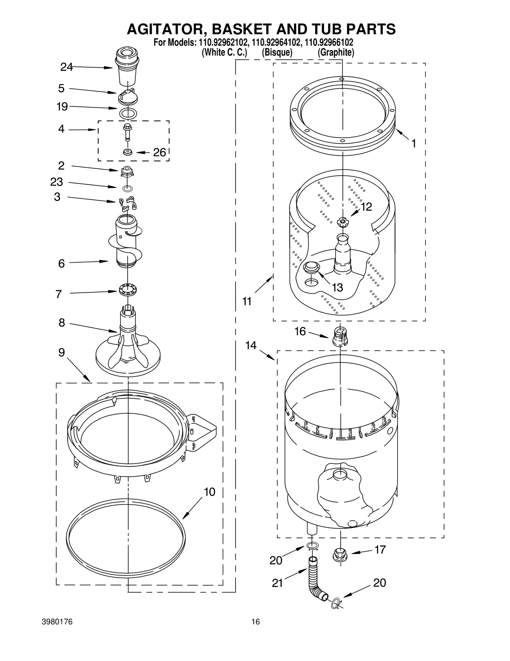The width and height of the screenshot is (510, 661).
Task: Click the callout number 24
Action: pos(66,67)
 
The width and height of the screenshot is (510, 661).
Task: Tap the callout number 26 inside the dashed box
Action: pos(159,153)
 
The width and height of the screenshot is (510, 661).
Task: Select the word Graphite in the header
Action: pos(336,52)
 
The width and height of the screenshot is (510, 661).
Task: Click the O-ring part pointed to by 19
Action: pos(128,113)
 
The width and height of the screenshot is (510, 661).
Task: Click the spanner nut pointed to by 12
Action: pos(342,221)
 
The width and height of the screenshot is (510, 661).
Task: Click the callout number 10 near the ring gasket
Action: pos(209,492)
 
